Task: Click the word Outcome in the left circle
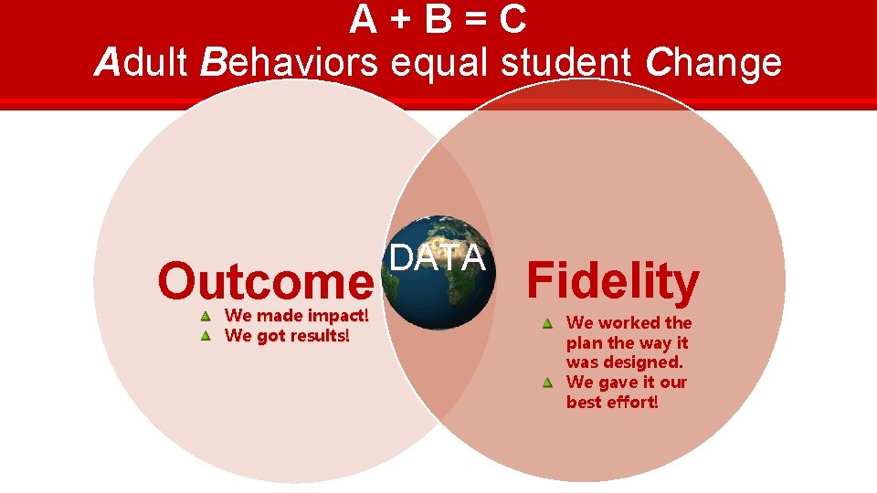(265, 282)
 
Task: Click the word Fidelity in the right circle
(613, 282)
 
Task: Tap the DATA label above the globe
(438, 258)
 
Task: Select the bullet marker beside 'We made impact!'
(206, 317)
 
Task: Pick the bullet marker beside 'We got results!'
(206, 336)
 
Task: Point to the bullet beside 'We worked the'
(546, 323)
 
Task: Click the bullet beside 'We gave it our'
(546, 383)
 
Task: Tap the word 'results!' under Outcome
(319, 335)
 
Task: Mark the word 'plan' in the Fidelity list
(582, 343)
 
